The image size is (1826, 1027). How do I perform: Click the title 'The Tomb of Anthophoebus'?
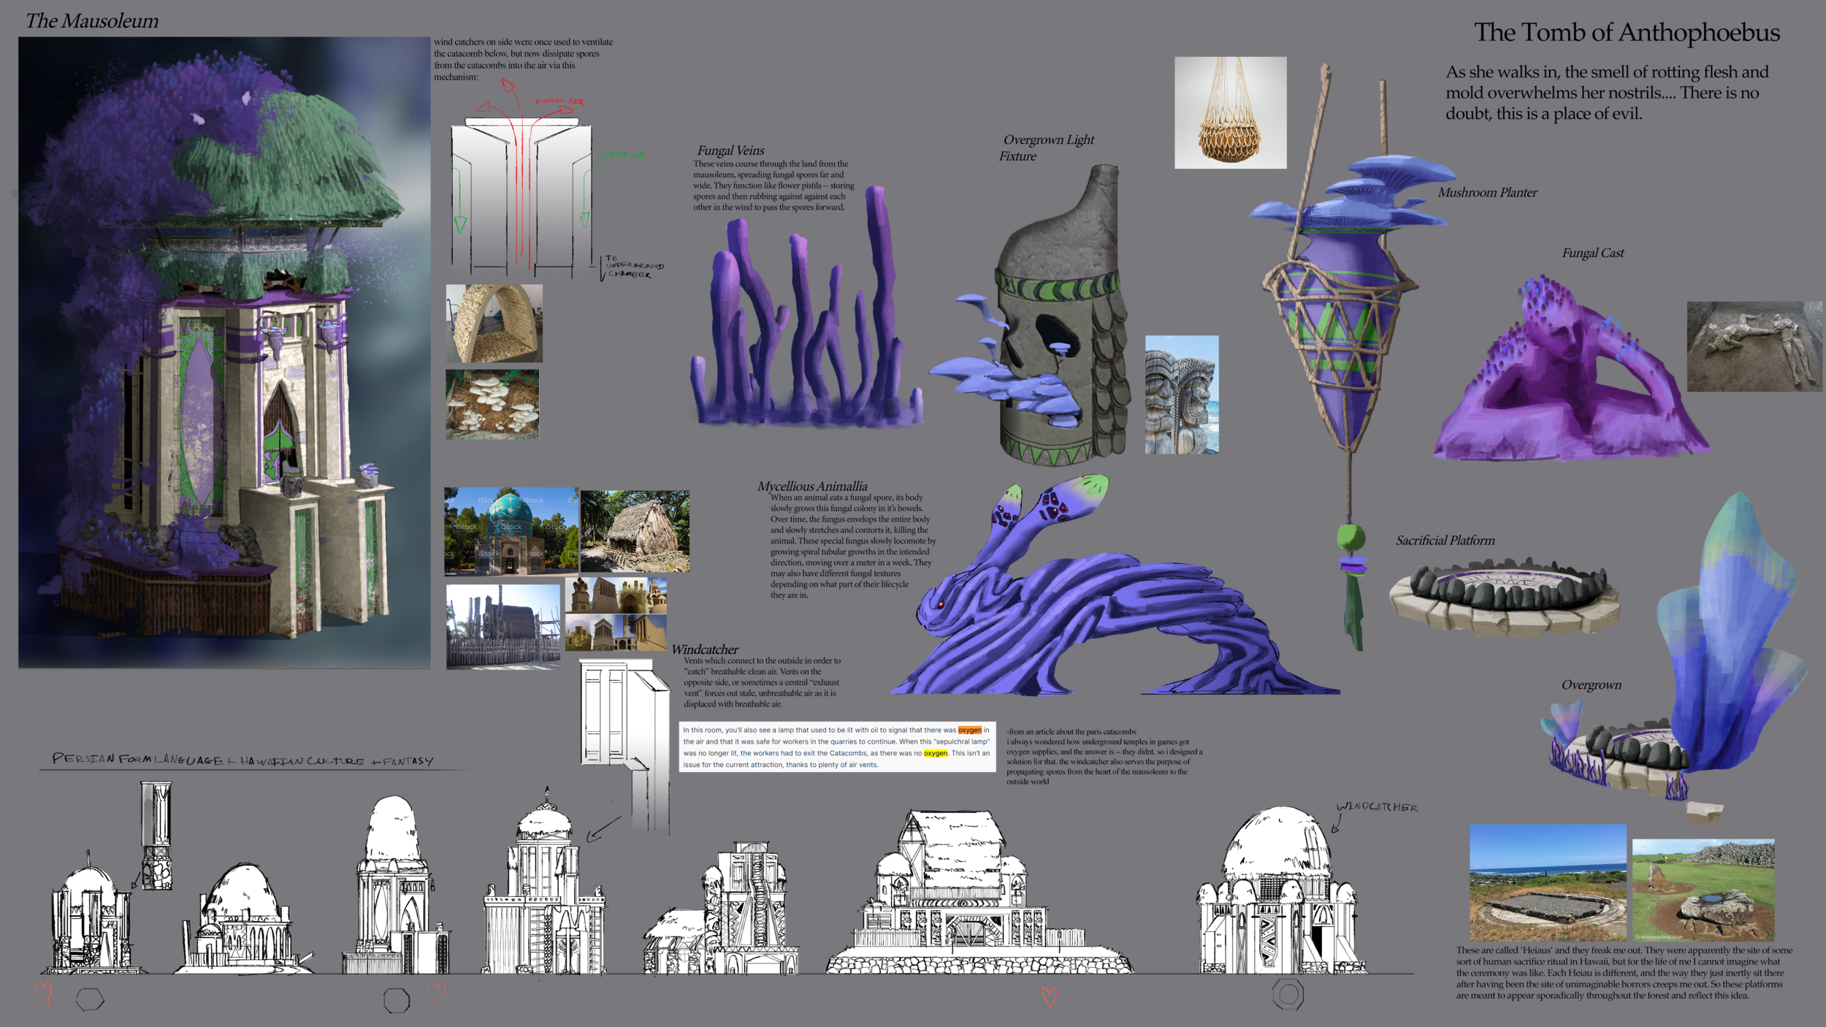coord(1627,33)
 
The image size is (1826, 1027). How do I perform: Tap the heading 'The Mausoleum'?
coord(92,21)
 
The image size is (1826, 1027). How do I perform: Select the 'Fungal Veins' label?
coord(730,150)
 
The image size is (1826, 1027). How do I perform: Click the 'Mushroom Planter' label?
coord(1487,193)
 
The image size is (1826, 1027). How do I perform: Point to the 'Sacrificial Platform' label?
coord(1445,541)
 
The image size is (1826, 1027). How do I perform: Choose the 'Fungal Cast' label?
coord(1592,253)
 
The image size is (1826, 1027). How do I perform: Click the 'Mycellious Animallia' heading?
coord(811,486)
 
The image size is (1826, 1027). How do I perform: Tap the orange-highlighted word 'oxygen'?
coord(969,730)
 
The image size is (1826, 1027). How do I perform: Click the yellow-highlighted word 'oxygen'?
coord(935,753)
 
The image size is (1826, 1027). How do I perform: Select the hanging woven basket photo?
coord(1230,112)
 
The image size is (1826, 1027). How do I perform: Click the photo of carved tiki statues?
coord(1181,394)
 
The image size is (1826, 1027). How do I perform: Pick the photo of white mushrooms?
coord(492,404)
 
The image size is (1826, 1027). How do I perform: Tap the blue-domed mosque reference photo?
coord(511,530)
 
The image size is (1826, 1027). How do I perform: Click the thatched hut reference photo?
coord(635,531)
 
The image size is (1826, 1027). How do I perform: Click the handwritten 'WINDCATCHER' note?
coord(1377,807)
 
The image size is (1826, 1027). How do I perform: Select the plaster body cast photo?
coord(1753,346)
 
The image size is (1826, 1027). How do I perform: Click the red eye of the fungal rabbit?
coord(941,604)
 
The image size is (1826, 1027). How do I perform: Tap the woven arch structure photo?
coord(494,324)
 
